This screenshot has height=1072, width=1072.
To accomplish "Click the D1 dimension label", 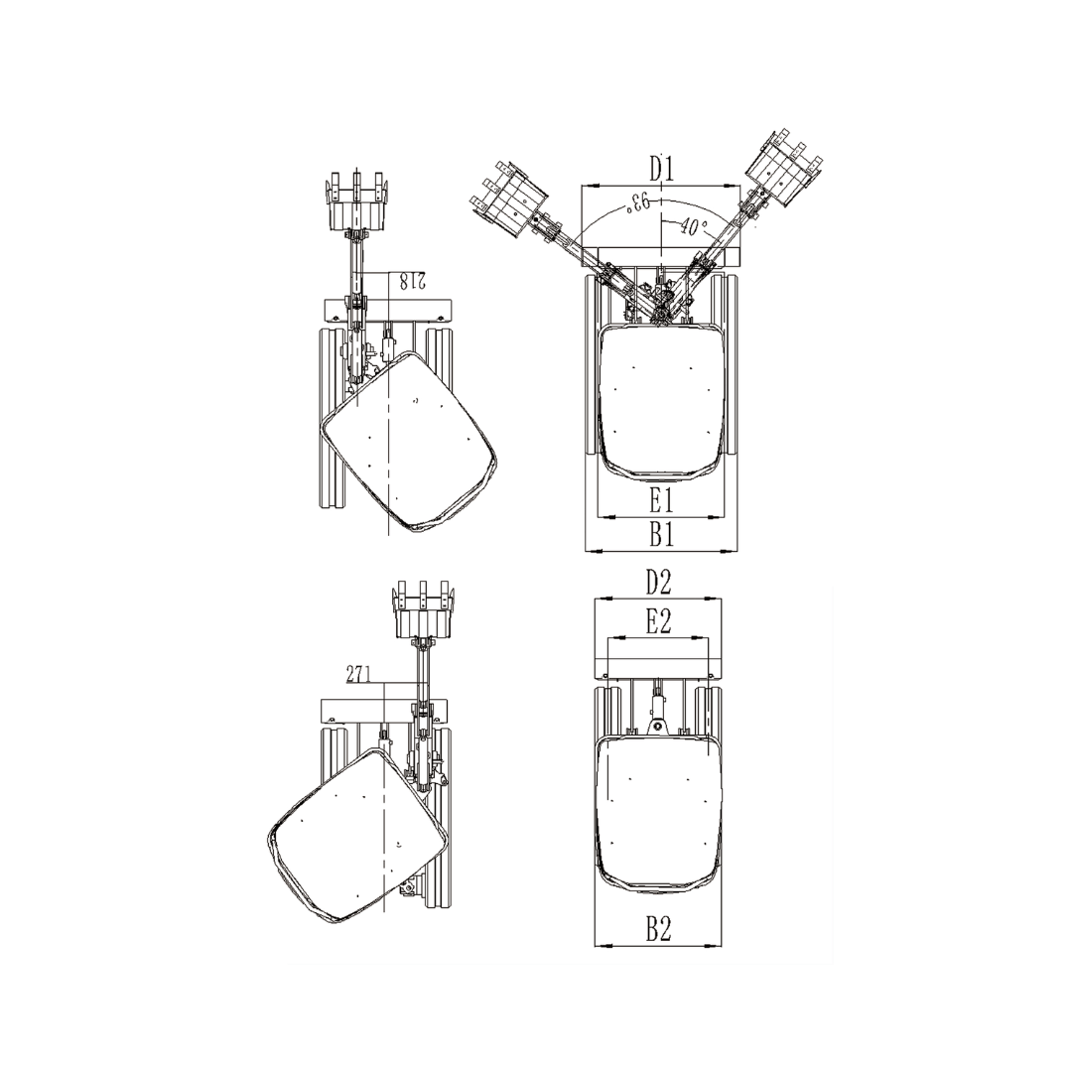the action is (661, 168).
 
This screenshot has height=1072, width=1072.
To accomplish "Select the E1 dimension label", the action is (661, 501).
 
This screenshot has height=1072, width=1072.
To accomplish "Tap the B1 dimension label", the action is (661, 535).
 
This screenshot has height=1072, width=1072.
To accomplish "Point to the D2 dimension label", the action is (658, 583).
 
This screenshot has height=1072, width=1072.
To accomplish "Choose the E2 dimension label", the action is (658, 621).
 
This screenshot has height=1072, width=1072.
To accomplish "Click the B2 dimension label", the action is (658, 929).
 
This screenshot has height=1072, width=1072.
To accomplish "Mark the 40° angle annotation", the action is (693, 227).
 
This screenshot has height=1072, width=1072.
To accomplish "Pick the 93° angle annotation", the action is (636, 202).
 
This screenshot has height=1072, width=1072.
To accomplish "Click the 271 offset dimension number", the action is (357, 674).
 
